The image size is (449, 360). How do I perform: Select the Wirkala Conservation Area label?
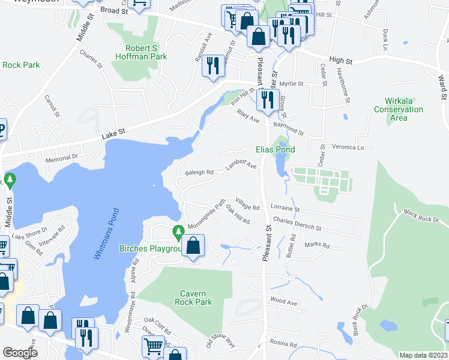coord(399,109)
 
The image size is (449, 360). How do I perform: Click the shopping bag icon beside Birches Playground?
coord(193,246)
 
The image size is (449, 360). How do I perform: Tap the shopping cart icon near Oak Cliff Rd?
coord(152,346)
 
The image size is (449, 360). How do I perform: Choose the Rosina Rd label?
coord(284,345)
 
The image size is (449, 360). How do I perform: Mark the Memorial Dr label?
coord(63,157)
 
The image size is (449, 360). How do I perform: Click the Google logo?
coord(20,353)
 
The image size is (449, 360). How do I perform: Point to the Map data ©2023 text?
coord(423,355)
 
